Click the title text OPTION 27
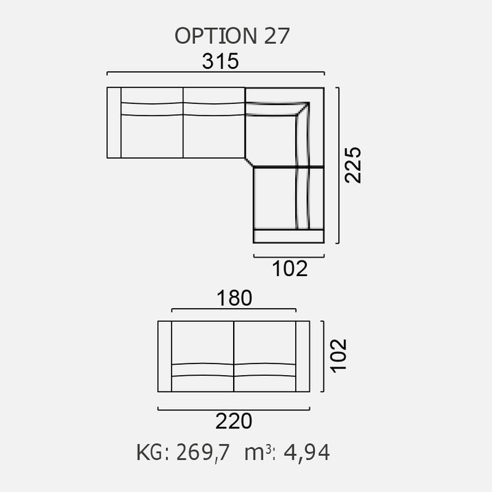coord(232,36)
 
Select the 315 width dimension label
coord(220,61)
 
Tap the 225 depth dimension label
coord(353,165)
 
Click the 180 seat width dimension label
coord(234,298)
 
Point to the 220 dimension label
coord(234,422)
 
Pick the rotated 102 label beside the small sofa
coord(338,356)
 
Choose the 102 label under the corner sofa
coord(290,269)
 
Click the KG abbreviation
coord(150,452)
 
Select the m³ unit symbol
coord(256,452)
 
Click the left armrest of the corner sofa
coord(114,123)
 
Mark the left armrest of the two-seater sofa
coord(165,356)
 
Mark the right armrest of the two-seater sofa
coord(303,356)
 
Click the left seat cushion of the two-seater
coord(202,342)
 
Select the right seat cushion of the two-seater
coord(265,342)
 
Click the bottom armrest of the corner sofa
coord(288,236)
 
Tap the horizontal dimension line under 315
coord(215,72)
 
